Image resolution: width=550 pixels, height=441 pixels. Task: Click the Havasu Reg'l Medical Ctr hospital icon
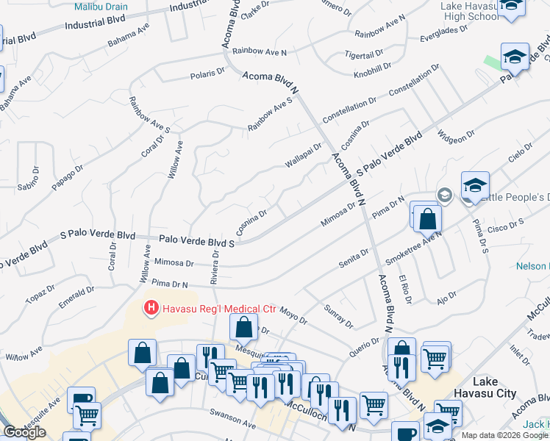[x=151, y=306]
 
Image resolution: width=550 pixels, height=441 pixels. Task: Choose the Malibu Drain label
[x=101, y=7]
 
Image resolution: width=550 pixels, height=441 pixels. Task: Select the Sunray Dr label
[x=339, y=320]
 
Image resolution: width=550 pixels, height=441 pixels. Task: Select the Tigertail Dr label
[x=365, y=54]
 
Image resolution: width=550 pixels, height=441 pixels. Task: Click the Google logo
[x=24, y=432]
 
